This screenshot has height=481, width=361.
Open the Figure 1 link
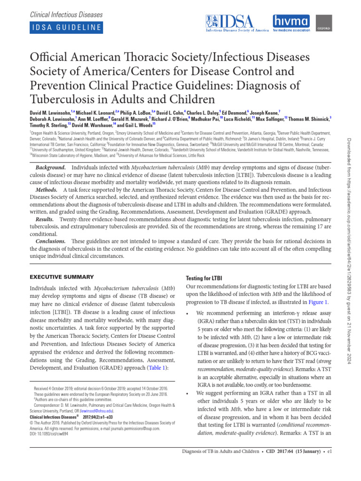point(318,303)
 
